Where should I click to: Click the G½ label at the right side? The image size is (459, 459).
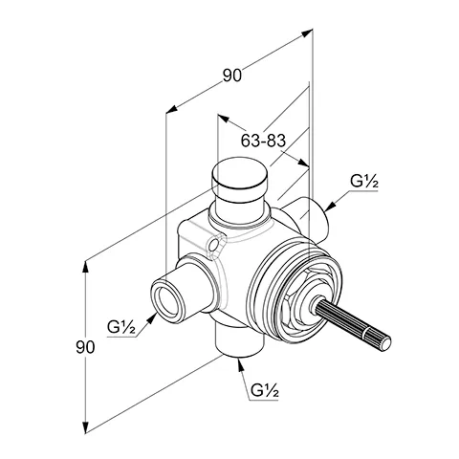pos(362,180)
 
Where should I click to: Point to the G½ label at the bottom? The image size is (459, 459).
pos(265,390)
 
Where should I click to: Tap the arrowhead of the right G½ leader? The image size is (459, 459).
pos(328,205)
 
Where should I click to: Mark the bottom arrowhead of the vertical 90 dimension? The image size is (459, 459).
pos(88,428)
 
